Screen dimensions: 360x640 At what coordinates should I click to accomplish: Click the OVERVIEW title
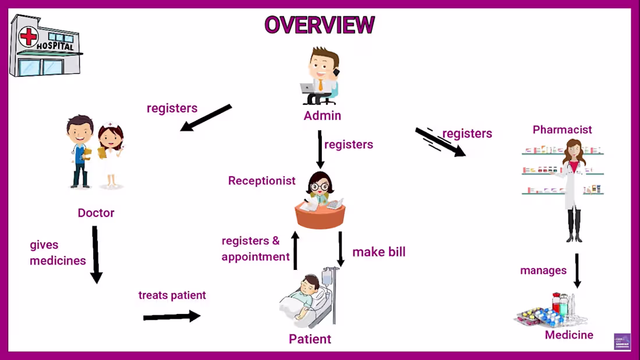click(319, 25)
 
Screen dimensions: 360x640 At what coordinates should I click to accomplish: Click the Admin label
click(322, 116)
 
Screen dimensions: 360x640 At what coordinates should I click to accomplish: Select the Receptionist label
click(262, 181)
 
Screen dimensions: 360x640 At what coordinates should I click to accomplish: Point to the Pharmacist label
click(562, 130)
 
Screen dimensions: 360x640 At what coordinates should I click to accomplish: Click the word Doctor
click(96, 213)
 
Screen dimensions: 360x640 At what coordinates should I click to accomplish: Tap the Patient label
click(310, 339)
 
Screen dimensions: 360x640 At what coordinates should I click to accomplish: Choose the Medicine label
click(569, 335)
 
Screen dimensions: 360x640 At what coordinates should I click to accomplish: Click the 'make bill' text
click(379, 252)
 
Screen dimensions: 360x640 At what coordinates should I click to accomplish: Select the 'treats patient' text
click(172, 295)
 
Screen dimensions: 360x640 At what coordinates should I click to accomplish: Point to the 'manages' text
click(543, 270)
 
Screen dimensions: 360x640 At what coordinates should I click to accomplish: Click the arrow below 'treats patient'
click(172, 316)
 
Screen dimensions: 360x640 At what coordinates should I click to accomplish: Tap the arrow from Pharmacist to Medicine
click(577, 270)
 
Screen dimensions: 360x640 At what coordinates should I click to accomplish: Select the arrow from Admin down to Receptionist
click(319, 149)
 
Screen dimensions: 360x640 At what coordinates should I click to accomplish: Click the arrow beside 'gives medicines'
click(95, 254)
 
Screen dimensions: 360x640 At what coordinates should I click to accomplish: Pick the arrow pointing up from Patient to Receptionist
click(295, 250)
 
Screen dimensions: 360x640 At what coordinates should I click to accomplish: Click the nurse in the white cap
click(111, 154)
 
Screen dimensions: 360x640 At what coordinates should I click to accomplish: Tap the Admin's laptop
click(308, 88)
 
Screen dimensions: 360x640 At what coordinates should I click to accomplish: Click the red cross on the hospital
click(28, 37)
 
